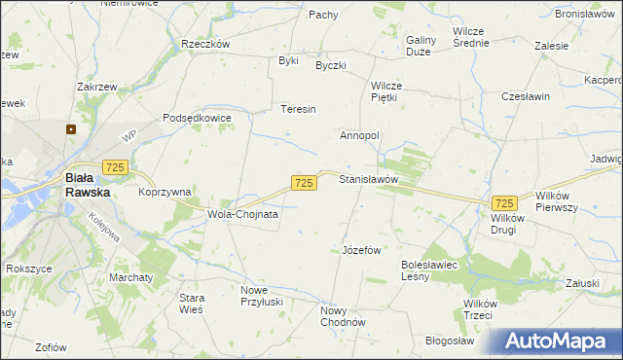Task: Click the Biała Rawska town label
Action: [x=87, y=185]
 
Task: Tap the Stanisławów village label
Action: [x=369, y=180]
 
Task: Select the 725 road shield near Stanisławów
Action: [x=304, y=183]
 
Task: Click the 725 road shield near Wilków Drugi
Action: [x=504, y=202]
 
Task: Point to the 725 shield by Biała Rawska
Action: [x=116, y=168]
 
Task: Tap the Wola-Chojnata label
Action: [x=242, y=213]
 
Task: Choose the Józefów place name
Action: [x=361, y=250]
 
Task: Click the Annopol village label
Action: [x=359, y=135]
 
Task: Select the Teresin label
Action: [x=299, y=110]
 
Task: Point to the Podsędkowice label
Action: [x=197, y=118]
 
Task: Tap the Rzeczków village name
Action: [x=205, y=44]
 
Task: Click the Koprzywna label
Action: [x=165, y=193]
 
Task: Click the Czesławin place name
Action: [x=526, y=97]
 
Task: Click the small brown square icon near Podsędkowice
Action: [x=71, y=127]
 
